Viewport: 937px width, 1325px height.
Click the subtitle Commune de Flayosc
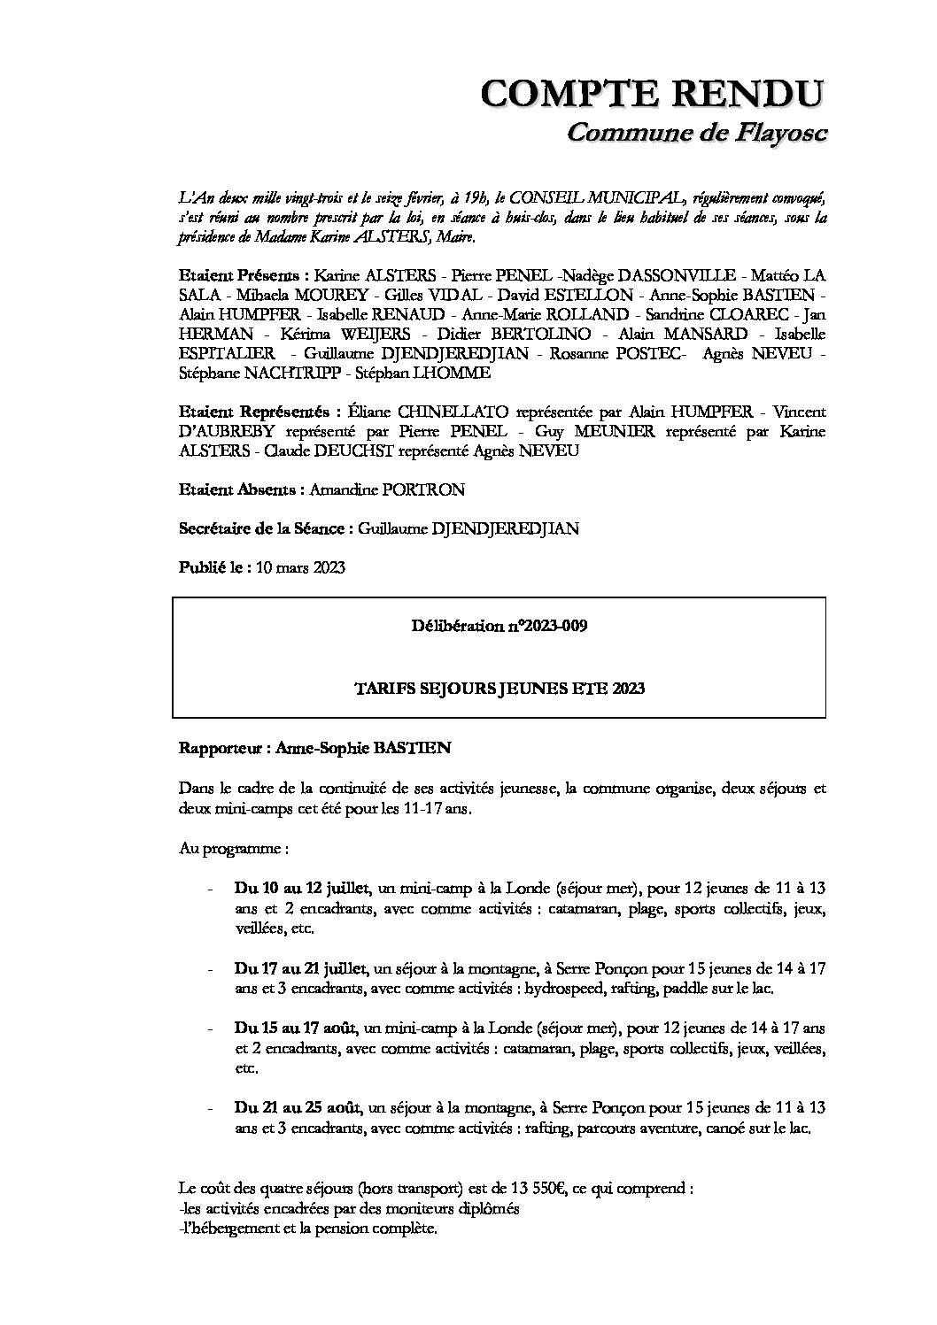[x=695, y=133]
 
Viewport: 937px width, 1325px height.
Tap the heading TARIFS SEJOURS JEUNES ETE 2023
[x=499, y=688]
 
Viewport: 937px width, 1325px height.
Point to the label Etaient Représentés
[x=259, y=412]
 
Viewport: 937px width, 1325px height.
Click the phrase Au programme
[x=232, y=849]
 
